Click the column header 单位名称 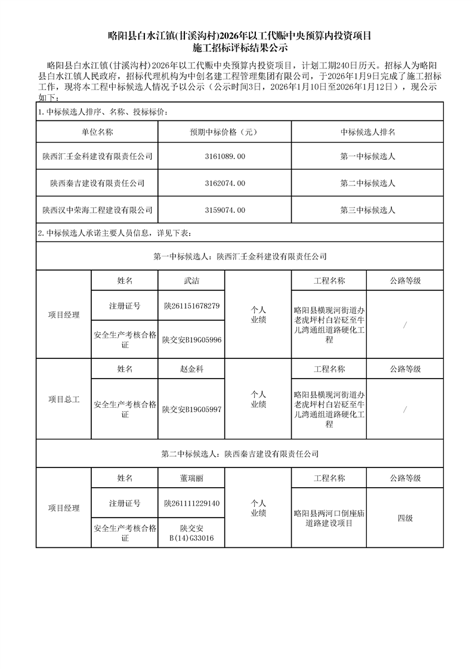click(97, 132)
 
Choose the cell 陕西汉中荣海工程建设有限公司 click(97, 210)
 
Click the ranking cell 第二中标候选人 click(367, 183)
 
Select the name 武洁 click(191, 280)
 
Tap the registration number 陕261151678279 click(191, 306)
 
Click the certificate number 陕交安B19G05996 click(191, 339)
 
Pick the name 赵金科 click(191, 369)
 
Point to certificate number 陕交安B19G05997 click(191, 410)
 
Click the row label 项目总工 click(63, 399)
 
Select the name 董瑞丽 click(191, 478)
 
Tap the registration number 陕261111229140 click(191, 503)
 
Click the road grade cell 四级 click(405, 518)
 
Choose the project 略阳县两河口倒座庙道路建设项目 click(329, 518)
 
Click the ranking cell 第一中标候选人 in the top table click(367, 156)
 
